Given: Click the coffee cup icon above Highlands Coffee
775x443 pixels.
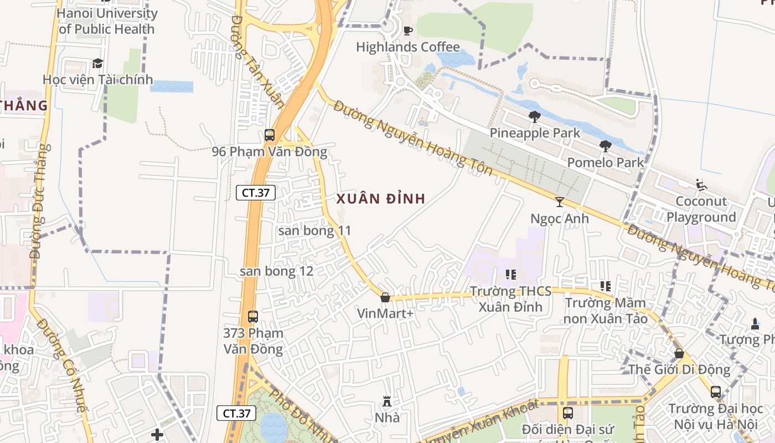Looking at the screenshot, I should (408, 30).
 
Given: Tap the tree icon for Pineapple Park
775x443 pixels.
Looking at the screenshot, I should (534, 116).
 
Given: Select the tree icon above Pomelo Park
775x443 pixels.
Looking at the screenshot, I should (605, 146).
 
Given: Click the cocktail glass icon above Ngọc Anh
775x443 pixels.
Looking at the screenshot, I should (560, 202).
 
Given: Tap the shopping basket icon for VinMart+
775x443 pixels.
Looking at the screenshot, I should (385, 297).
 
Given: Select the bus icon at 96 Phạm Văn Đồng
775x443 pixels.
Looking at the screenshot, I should (270, 135).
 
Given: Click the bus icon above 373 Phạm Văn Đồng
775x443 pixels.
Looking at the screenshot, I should (253, 317).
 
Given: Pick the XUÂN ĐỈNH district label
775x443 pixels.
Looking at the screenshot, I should (381, 199).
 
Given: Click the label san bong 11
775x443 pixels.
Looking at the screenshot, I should (314, 230).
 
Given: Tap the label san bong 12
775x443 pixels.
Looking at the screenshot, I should (276, 271).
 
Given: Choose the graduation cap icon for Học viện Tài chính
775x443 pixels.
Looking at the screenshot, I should (97, 63).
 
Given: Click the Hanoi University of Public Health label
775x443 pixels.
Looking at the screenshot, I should (107, 21).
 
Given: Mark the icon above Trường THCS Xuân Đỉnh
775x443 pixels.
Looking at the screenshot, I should (510, 274).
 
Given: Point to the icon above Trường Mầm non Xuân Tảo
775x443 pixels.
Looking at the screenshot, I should (605, 286).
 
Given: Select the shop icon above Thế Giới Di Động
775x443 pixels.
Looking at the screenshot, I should (679, 353).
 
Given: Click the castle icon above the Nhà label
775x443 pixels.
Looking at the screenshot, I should (387, 401).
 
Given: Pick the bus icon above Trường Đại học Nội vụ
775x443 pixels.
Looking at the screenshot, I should (716, 392).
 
